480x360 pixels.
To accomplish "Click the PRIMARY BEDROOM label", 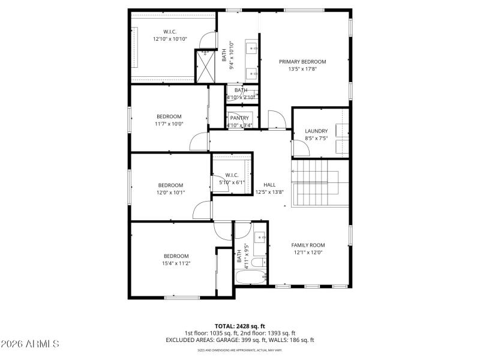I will (x=302, y=62).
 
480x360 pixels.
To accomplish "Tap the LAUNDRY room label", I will (x=316, y=131).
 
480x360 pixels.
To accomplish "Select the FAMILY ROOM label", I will (x=308, y=245).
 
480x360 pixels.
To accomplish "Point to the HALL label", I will (x=269, y=185).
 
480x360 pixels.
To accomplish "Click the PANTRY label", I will (x=239, y=118).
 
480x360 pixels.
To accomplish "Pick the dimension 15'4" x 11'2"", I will (x=176, y=263).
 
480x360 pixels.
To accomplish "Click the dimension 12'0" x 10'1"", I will (x=170, y=193).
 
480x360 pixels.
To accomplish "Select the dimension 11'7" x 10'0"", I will (x=169, y=124).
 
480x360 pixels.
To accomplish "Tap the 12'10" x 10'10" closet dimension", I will (x=170, y=39).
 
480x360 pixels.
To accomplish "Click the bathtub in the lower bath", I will (x=250, y=278).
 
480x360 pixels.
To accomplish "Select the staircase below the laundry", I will (x=319, y=184).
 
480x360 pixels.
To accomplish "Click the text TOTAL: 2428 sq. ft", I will (x=239, y=326).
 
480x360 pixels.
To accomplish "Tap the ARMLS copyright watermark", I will (x=30, y=344).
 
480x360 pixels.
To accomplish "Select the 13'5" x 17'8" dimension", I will (x=302, y=69).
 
